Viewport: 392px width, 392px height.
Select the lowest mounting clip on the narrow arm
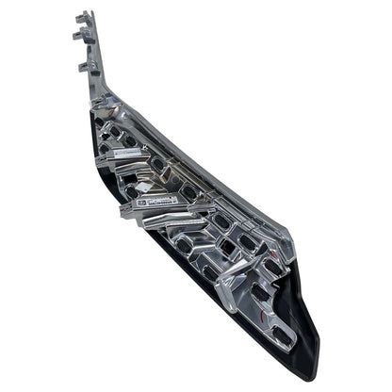tap(88, 65)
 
